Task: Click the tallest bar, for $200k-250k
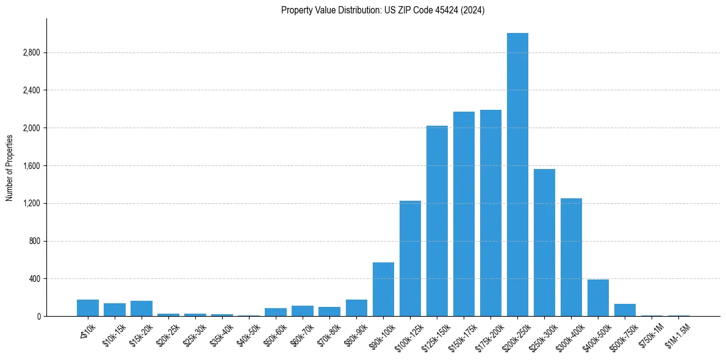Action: coord(517,175)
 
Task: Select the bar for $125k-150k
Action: coord(437,221)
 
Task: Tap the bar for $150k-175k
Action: coord(464,214)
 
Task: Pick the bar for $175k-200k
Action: coord(491,213)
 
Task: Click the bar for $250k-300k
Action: coord(544,242)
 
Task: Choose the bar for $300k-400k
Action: coord(571,257)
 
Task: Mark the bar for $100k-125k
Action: coord(410,258)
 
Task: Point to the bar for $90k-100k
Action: coord(383,289)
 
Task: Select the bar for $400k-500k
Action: coord(598,298)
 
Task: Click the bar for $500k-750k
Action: coord(625,310)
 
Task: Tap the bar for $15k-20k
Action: coord(142,309)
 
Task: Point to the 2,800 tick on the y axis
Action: coord(31,53)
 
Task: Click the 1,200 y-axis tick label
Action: coord(31,204)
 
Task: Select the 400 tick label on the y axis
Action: coord(34,279)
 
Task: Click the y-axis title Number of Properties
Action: coord(10,167)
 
